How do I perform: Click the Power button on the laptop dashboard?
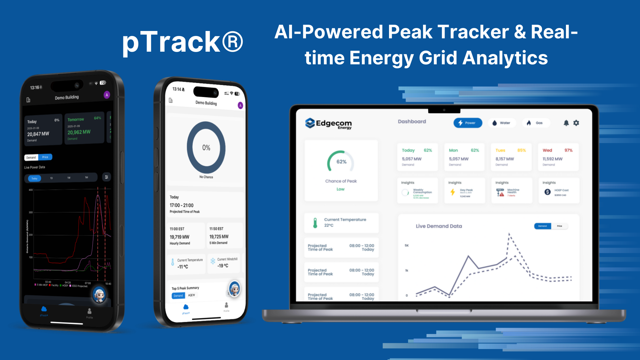pos(467,123)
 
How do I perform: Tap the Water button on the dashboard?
pos(502,123)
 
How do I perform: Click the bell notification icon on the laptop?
pos(566,123)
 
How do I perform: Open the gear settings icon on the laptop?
pos(576,123)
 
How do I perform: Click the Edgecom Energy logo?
pos(328,124)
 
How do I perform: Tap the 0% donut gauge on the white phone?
pos(206,148)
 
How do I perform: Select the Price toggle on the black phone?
pos(45,157)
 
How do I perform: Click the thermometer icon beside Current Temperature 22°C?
pos(315,223)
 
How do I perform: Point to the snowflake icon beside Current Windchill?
pos(213,261)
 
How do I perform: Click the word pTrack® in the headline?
pos(183,42)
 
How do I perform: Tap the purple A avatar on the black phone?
pos(107,95)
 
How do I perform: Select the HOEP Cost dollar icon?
pos(547,192)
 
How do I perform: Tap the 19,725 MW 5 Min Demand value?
pos(219,237)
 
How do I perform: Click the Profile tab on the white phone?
pos(226,307)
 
